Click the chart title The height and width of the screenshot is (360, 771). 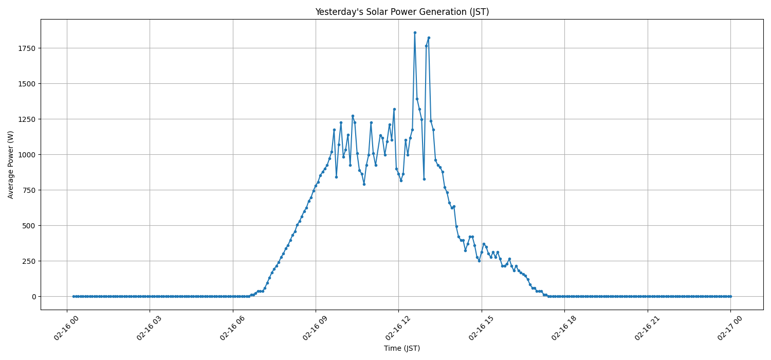tap(402, 12)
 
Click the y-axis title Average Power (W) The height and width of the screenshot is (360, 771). tap(11, 165)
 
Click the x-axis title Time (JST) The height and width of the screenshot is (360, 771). tap(402, 348)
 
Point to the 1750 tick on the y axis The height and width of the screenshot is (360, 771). tap(26, 48)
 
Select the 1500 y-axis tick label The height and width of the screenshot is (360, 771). tap(26, 84)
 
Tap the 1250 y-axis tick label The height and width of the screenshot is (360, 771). tap(26, 119)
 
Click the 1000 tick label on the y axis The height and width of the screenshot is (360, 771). tap(26, 155)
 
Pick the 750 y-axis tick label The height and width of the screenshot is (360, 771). tap(28, 190)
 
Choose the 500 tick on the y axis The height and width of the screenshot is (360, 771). tap(28, 226)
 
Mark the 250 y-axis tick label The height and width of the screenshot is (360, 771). tap(28, 261)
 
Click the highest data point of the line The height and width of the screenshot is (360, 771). tap(415, 32)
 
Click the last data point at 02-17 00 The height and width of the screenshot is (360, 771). tap(730, 296)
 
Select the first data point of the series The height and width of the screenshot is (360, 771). tap(74, 296)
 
